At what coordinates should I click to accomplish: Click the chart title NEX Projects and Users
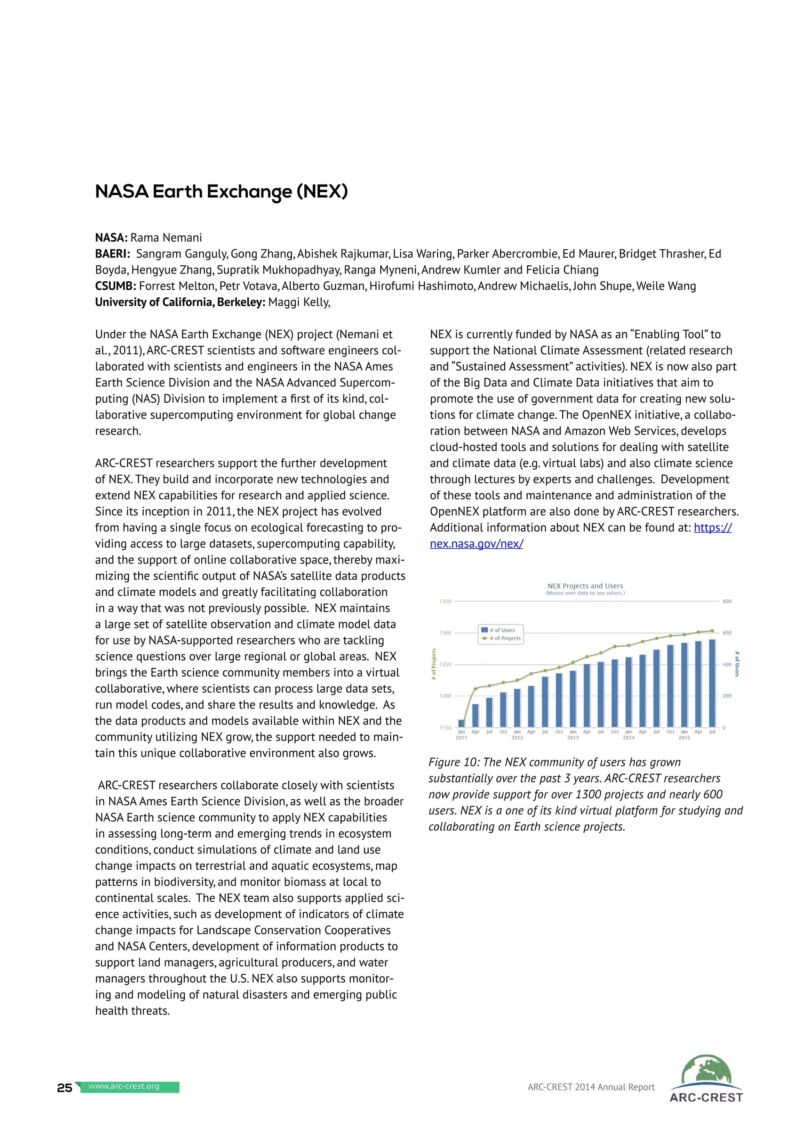point(585,586)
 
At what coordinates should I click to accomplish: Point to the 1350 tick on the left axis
point(445,601)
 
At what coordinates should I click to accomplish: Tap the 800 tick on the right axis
point(727,601)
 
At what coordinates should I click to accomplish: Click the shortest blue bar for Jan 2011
point(461,723)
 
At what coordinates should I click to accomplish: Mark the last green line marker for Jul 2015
point(712,631)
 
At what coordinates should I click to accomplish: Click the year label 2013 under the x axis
point(573,738)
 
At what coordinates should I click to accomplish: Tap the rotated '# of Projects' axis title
point(433,664)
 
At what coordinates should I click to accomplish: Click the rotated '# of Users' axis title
point(737,664)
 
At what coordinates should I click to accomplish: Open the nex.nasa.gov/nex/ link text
point(476,544)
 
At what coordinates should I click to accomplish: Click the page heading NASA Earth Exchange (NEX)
point(221,192)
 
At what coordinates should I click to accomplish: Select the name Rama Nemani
point(166,238)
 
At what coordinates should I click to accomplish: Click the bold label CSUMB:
point(115,286)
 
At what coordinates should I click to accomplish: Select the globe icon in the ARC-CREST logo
point(706,1069)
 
